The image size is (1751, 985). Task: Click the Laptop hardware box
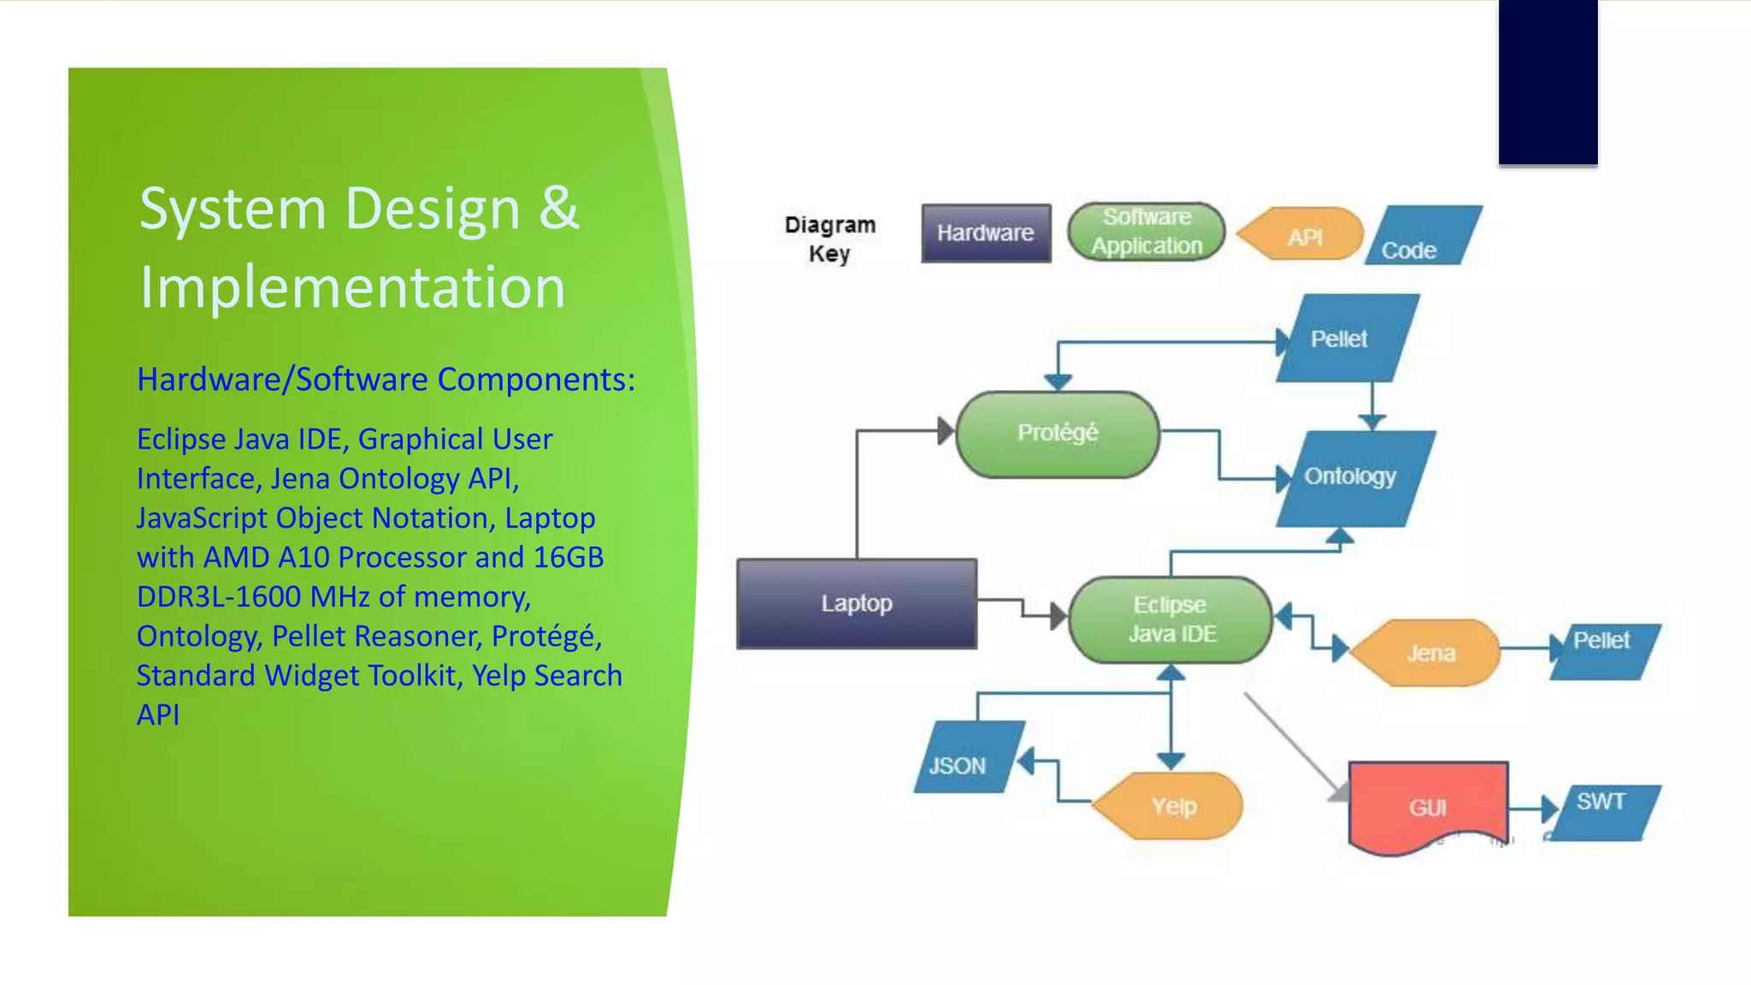coord(856,604)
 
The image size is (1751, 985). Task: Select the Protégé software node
coord(1057,434)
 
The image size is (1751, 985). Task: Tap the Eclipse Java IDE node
coord(1170,620)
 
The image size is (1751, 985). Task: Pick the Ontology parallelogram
coord(1353,478)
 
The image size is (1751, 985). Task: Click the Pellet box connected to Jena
coord(1603,652)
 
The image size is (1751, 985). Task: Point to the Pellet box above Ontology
coord(1345,339)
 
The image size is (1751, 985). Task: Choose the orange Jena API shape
coord(1429,653)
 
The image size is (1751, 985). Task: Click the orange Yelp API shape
coord(1170,806)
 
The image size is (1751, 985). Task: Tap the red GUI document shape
coord(1427,805)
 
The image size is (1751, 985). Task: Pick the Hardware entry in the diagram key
coord(985,233)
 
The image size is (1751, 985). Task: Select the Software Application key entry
coord(1146,232)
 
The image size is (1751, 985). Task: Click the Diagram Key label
coord(829,239)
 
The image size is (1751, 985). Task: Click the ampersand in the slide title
coord(559,208)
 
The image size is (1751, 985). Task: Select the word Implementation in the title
coord(352,287)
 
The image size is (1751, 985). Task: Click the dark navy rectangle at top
coord(1548,81)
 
